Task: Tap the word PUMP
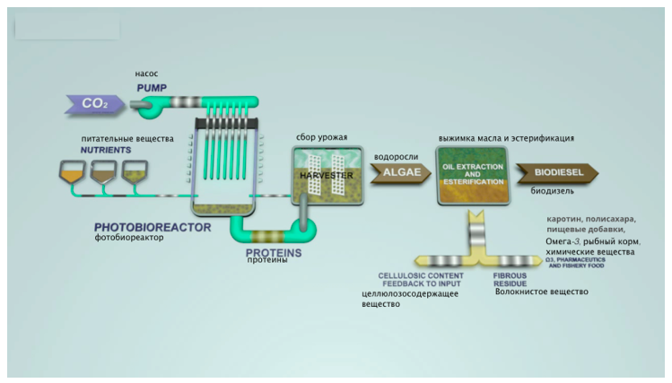153,88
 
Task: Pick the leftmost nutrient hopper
71,171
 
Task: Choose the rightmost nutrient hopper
135,171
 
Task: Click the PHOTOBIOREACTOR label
153,227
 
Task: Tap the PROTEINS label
274,253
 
